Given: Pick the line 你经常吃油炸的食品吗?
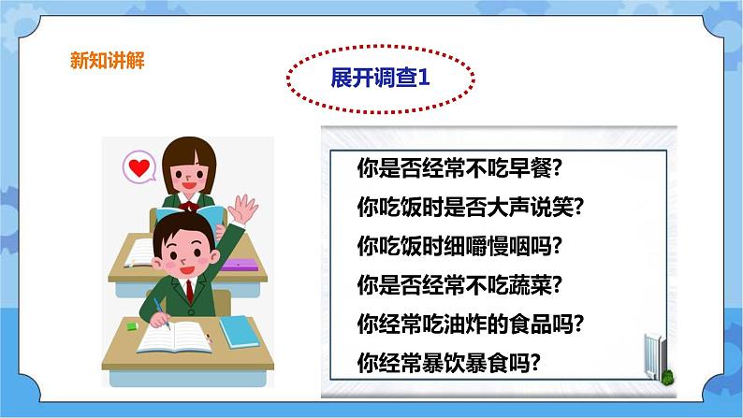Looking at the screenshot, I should (472, 323).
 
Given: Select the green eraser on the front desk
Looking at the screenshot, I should (132, 326).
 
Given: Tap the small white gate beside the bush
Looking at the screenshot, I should (652, 354).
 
